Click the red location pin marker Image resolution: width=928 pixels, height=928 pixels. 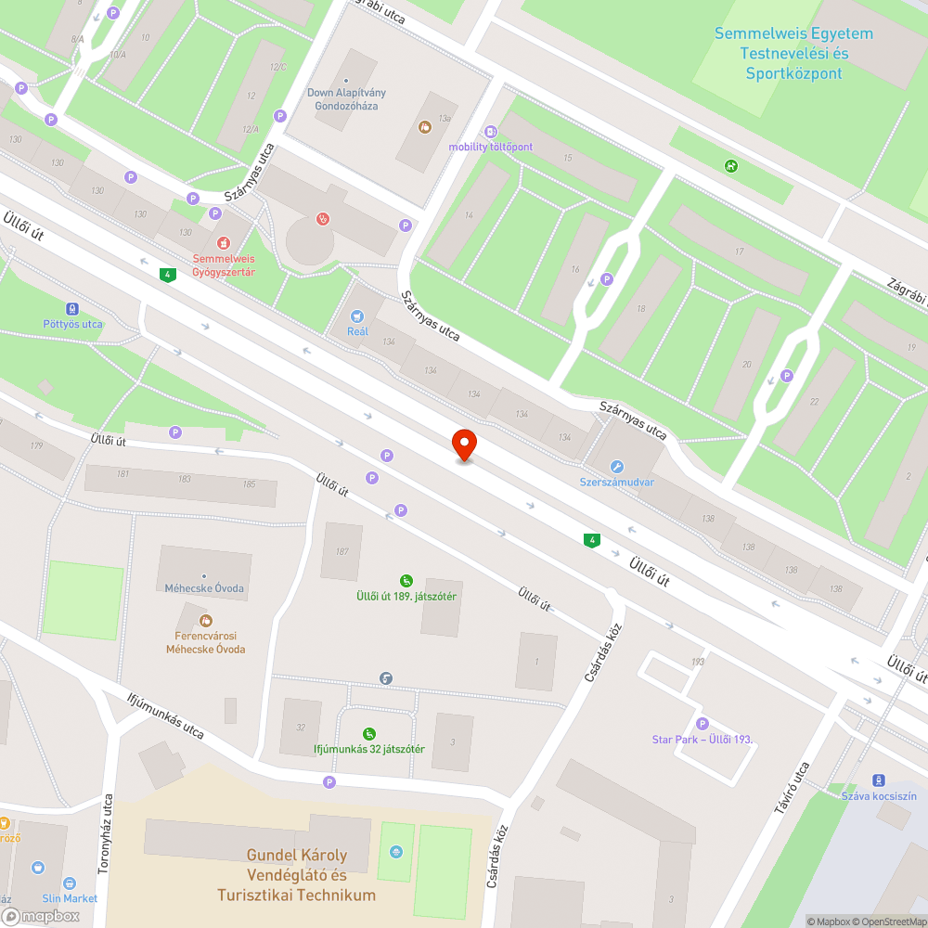[x=463, y=445]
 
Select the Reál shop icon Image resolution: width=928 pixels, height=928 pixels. [x=357, y=316]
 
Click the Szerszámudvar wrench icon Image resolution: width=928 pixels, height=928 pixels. [x=617, y=467]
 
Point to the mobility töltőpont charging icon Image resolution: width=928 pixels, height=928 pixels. [x=491, y=132]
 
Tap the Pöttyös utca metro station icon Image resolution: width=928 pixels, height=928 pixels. [x=72, y=309]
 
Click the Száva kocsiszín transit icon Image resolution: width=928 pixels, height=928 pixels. [x=878, y=780]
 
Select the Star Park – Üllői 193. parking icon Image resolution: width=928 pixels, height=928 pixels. [x=702, y=724]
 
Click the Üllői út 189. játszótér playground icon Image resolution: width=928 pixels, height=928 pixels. [x=406, y=581]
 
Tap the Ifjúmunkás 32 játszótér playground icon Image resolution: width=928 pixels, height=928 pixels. [x=369, y=733]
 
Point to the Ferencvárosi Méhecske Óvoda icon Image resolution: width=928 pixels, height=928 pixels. [x=205, y=620]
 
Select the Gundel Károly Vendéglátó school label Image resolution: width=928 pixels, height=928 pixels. [x=297, y=875]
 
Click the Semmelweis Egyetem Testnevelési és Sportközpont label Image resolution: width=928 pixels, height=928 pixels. [x=793, y=54]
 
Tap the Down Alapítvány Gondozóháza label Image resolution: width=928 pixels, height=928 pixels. [x=346, y=99]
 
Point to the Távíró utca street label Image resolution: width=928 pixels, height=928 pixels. [x=792, y=789]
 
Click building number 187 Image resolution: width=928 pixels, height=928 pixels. [x=342, y=551]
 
